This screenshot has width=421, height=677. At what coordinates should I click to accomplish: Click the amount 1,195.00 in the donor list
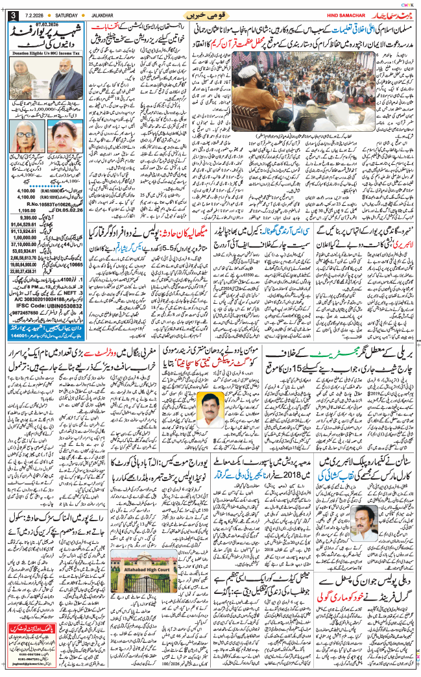pyautogui.click(x=23, y=210)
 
